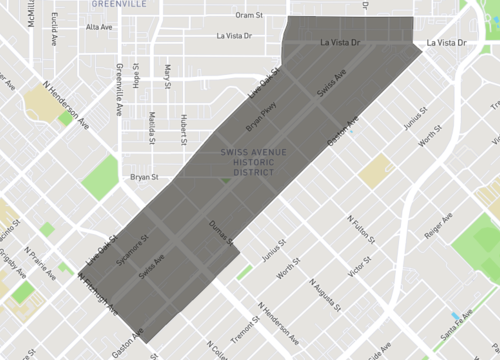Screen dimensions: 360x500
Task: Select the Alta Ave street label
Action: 100,27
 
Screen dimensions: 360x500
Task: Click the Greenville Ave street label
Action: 119,76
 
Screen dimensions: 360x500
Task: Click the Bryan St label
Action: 145,177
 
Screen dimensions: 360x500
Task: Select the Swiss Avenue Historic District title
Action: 254,163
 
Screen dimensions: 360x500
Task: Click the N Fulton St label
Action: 362,229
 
